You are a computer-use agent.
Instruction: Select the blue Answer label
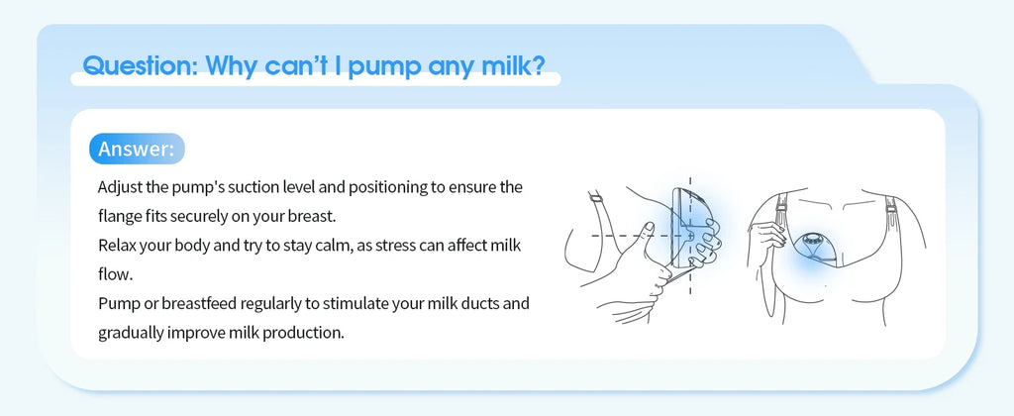[x=136, y=149]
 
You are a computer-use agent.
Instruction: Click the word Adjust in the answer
[x=120, y=187]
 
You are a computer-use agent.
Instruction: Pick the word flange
[x=121, y=214]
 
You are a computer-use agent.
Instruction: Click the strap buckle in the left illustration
[x=597, y=203]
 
